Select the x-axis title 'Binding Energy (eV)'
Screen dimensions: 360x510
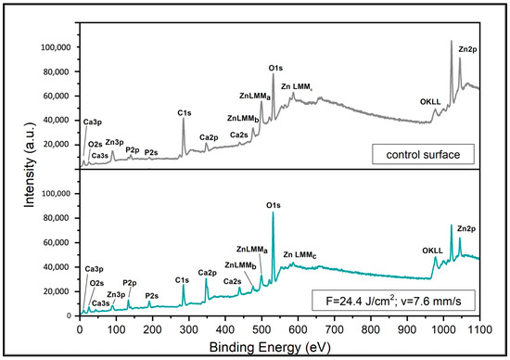[x=279, y=345]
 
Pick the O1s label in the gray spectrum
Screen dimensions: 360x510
[x=275, y=67]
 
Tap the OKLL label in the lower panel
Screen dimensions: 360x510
[x=432, y=248]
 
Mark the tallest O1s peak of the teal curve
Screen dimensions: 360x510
[x=273, y=213]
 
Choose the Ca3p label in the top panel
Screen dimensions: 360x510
[x=93, y=122]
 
